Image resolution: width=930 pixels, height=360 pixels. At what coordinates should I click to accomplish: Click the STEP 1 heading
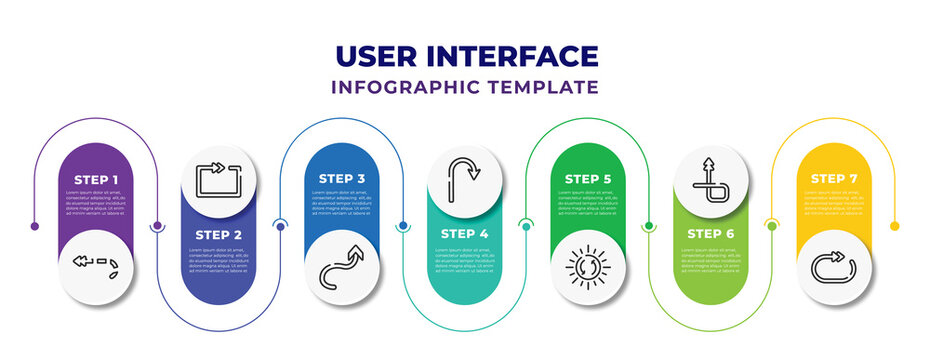[96, 179]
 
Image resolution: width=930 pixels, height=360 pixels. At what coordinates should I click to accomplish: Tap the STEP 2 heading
[219, 234]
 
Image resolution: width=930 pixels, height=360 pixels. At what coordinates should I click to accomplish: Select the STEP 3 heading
[342, 179]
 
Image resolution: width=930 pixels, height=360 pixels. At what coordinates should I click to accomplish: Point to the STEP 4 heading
[465, 234]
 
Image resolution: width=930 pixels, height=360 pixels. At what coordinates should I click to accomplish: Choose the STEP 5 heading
[588, 179]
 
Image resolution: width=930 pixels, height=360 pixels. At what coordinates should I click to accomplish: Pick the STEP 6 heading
[711, 234]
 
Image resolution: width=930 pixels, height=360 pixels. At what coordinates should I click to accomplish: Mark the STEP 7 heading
[834, 179]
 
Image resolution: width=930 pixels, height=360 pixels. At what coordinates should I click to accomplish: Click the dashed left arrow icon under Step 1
[96, 265]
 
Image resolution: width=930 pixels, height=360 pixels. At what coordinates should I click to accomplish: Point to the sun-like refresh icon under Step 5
[588, 268]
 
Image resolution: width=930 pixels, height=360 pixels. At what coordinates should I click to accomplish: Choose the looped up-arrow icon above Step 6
[711, 177]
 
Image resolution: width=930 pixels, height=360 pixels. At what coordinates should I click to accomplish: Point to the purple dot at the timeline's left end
[35, 226]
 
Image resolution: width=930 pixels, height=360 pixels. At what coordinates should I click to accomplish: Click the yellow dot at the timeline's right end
[895, 226]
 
